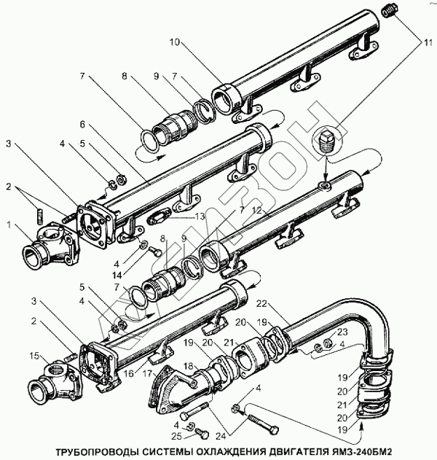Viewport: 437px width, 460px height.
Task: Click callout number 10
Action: click(x=174, y=42)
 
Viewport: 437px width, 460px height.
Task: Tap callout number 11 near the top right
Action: click(x=428, y=42)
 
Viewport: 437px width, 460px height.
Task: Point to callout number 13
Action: click(x=200, y=217)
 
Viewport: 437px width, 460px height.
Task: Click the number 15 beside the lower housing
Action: click(x=34, y=356)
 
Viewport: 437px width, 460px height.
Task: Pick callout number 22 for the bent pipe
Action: click(x=261, y=304)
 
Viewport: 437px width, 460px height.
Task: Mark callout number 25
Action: click(x=176, y=437)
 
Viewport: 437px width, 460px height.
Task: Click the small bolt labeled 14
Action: click(x=155, y=251)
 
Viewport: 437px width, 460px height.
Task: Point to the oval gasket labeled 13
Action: click(x=159, y=217)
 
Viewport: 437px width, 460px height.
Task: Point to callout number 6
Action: click(x=82, y=125)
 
